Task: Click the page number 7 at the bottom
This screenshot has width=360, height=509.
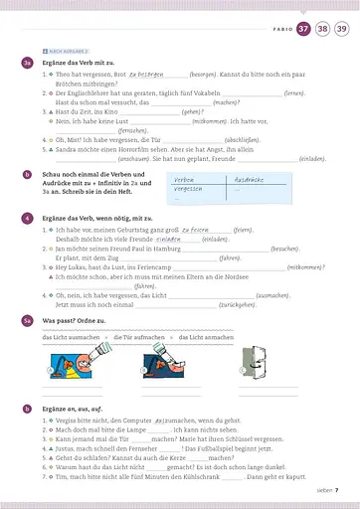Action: tap(337, 489)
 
